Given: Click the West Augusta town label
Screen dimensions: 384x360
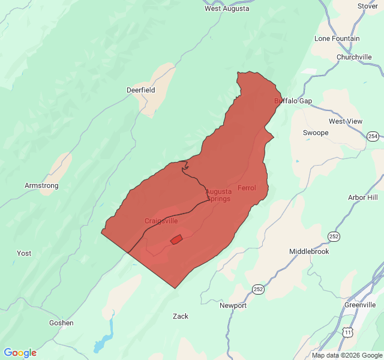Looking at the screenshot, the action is pyautogui.click(x=227, y=8).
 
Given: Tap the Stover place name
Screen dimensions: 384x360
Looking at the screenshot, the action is pyautogui.click(x=367, y=6).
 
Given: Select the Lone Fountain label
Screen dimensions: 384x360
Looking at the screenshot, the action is pyautogui.click(x=337, y=38).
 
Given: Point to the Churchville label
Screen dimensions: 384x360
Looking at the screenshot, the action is pyautogui.click(x=354, y=57).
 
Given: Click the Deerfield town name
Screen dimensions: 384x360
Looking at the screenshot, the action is pyautogui.click(x=140, y=90).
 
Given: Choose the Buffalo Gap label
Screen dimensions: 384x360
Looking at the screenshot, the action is pyautogui.click(x=293, y=101).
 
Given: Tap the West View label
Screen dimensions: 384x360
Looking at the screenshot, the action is pyautogui.click(x=346, y=121).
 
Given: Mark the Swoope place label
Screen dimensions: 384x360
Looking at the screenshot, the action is pyautogui.click(x=316, y=133).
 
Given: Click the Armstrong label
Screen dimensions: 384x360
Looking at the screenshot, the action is pyautogui.click(x=41, y=185).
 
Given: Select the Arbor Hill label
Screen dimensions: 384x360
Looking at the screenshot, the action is pyautogui.click(x=363, y=197).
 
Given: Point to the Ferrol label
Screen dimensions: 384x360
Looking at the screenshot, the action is pyautogui.click(x=247, y=188).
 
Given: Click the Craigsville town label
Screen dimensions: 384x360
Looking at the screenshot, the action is pyautogui.click(x=161, y=221).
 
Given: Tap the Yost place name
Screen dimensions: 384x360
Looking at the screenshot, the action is pyautogui.click(x=24, y=253).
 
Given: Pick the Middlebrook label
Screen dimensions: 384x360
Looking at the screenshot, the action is pyautogui.click(x=310, y=251).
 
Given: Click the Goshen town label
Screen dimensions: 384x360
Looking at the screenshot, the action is pyautogui.click(x=61, y=323).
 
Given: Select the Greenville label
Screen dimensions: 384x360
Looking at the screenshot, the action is pyautogui.click(x=360, y=305).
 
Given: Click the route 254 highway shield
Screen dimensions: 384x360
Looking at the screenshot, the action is pyautogui.click(x=373, y=136).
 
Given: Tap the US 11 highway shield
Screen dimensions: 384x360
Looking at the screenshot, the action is pyautogui.click(x=347, y=332).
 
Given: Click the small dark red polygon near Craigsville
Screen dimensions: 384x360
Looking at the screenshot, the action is pyautogui.click(x=176, y=239).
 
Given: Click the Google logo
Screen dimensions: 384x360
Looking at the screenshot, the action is pyautogui.click(x=20, y=353).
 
